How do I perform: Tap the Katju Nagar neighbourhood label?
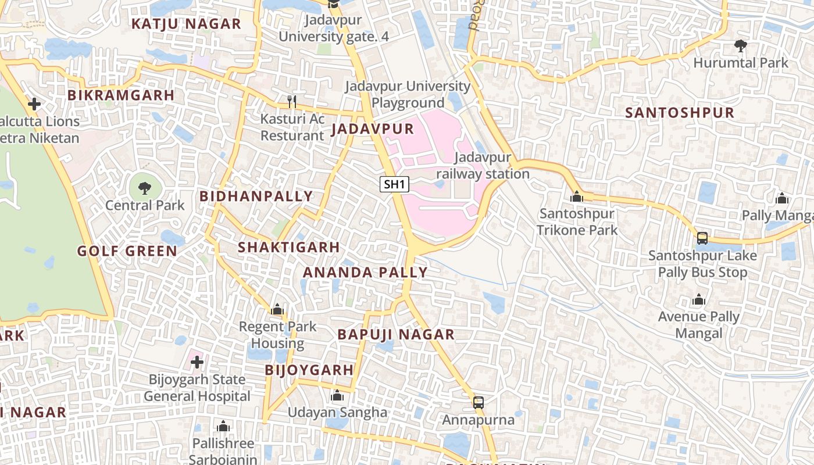[185, 24]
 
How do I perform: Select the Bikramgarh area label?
[121, 95]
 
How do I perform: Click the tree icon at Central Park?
[145, 188]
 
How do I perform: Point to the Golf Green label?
[127, 251]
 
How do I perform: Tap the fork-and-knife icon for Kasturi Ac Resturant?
[292, 102]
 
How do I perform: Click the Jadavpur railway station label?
[483, 166]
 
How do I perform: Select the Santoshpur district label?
[680, 113]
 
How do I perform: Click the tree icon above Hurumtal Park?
[741, 45]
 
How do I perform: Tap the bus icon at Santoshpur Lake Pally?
[702, 238]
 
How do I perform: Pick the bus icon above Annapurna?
[478, 402]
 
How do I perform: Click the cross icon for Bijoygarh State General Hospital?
[197, 362]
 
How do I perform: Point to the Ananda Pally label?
[365, 272]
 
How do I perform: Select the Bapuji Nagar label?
[396, 334]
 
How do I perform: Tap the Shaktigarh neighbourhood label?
[288, 247]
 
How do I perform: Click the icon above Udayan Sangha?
[337, 396]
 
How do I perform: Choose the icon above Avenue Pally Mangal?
[699, 300]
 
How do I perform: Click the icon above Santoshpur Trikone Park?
[577, 196]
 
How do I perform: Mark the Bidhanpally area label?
[256, 196]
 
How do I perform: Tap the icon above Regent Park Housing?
[277, 309]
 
